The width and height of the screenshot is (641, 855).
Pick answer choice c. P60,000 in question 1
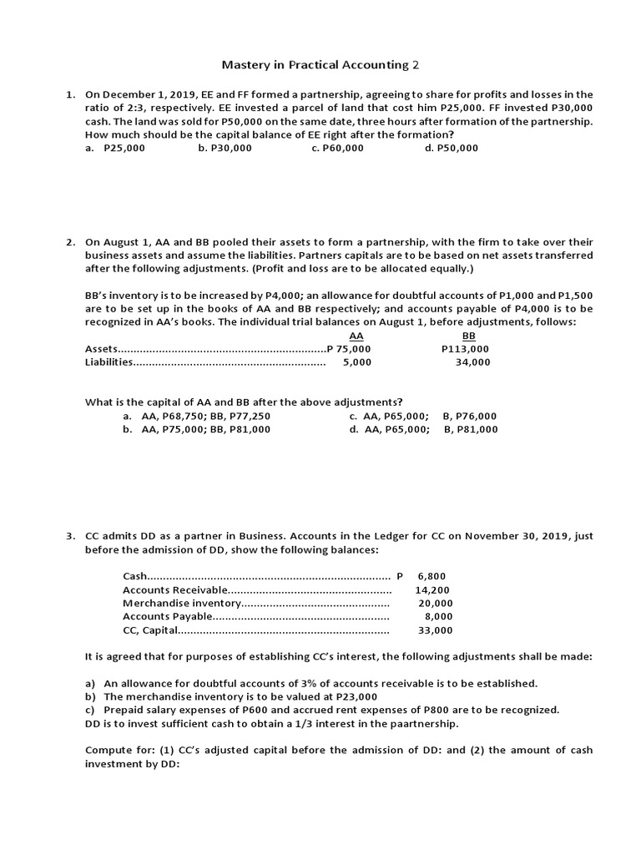coord(337,148)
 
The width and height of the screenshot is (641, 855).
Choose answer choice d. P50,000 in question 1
coord(451,148)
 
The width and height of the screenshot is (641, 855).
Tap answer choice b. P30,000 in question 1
coord(225,148)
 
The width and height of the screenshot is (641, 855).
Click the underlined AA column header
coord(356,336)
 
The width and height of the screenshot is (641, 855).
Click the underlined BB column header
coord(468,336)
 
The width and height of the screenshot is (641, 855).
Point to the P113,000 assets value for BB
coord(465,349)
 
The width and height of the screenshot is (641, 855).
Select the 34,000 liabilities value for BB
coord(473,362)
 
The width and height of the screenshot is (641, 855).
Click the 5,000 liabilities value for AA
coord(357,362)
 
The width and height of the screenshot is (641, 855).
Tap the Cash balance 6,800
coord(432,576)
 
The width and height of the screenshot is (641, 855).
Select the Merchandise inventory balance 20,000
coord(435,603)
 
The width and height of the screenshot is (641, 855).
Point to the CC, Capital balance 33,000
coord(435,630)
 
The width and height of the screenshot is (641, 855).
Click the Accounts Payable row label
coord(167,617)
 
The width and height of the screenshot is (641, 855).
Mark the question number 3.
coord(71,536)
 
